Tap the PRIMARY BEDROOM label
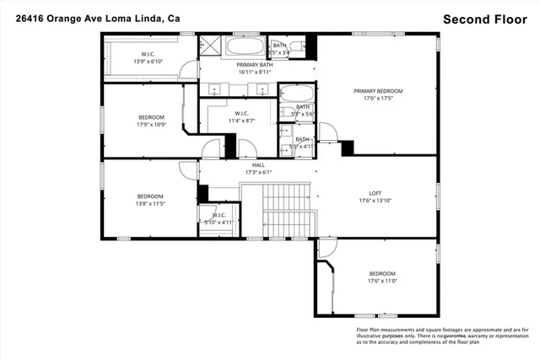(377, 91)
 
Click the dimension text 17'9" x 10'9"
(151, 125)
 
